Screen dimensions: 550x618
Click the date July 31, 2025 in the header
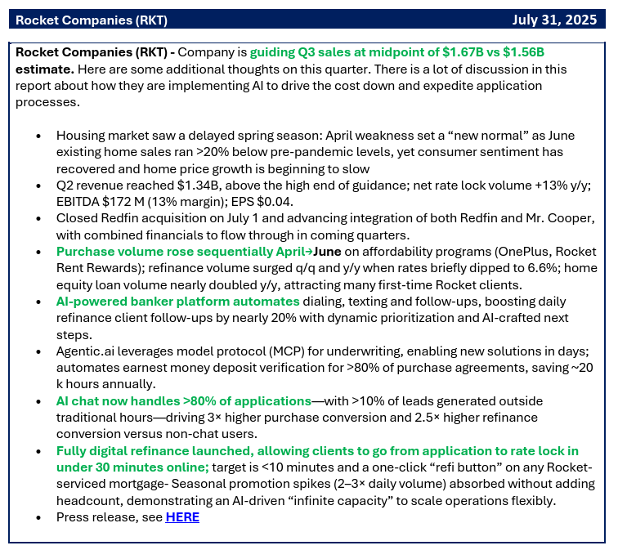click(x=553, y=19)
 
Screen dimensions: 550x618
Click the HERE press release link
click(x=182, y=516)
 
